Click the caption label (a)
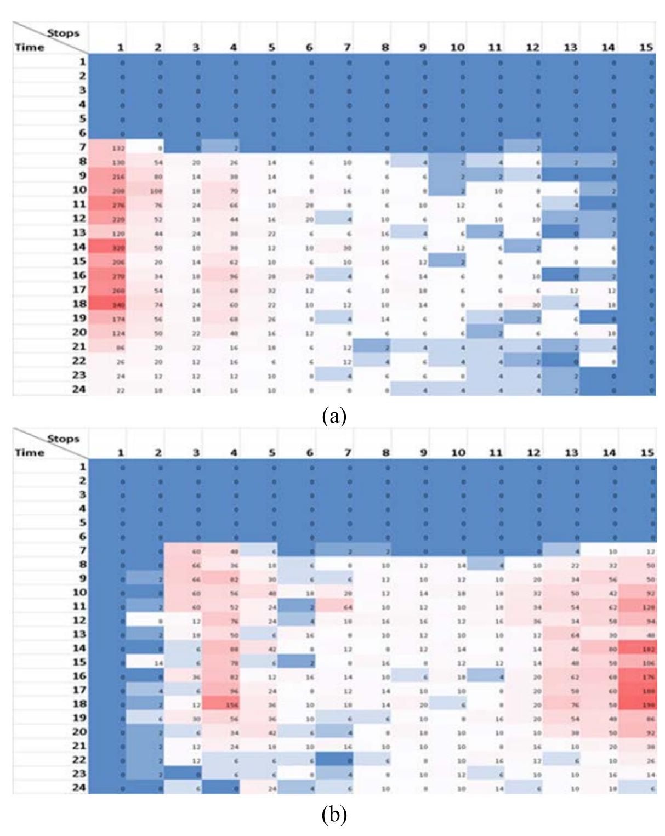(x=334, y=416)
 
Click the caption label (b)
(x=334, y=815)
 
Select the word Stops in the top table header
(x=63, y=33)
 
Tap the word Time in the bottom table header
(x=30, y=453)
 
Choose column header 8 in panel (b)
(x=385, y=453)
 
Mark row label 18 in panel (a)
(x=79, y=303)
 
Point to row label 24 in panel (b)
(x=79, y=788)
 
